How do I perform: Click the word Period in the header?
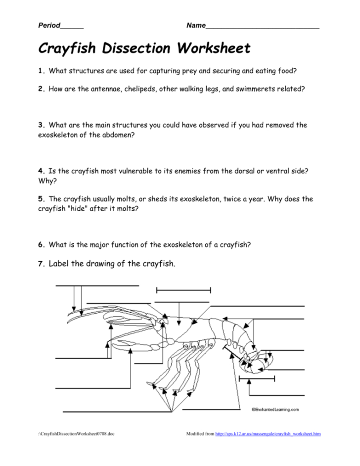49,25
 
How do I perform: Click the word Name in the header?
196,25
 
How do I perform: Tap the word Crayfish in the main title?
67,49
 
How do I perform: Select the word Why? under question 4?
45,181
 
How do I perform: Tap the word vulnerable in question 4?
137,171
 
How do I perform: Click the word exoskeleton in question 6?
185,244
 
